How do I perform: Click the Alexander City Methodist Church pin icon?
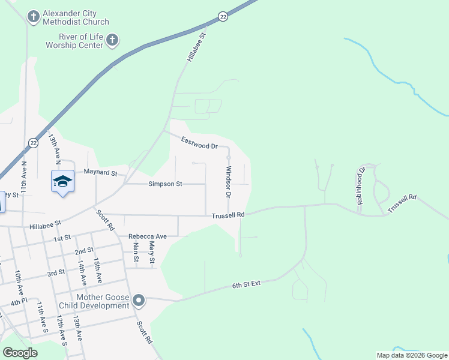pyautogui.click(x=34, y=16)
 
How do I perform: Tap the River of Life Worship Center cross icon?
pyautogui.click(x=112, y=41)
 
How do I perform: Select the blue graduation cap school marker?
pyautogui.click(x=62, y=181)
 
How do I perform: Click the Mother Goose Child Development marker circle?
pyautogui.click(x=139, y=300)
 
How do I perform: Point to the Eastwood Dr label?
pyautogui.click(x=199, y=143)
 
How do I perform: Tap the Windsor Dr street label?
pyautogui.click(x=228, y=182)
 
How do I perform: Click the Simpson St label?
pyautogui.click(x=165, y=184)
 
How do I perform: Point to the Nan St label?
pyautogui.click(x=136, y=253)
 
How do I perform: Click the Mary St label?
pyautogui.click(x=152, y=253)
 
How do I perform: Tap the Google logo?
pyautogui.click(x=20, y=353)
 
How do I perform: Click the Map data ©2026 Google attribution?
pyautogui.click(x=411, y=355)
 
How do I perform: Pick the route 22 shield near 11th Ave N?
pyautogui.click(x=33, y=143)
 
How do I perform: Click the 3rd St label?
pyautogui.click(x=56, y=273)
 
